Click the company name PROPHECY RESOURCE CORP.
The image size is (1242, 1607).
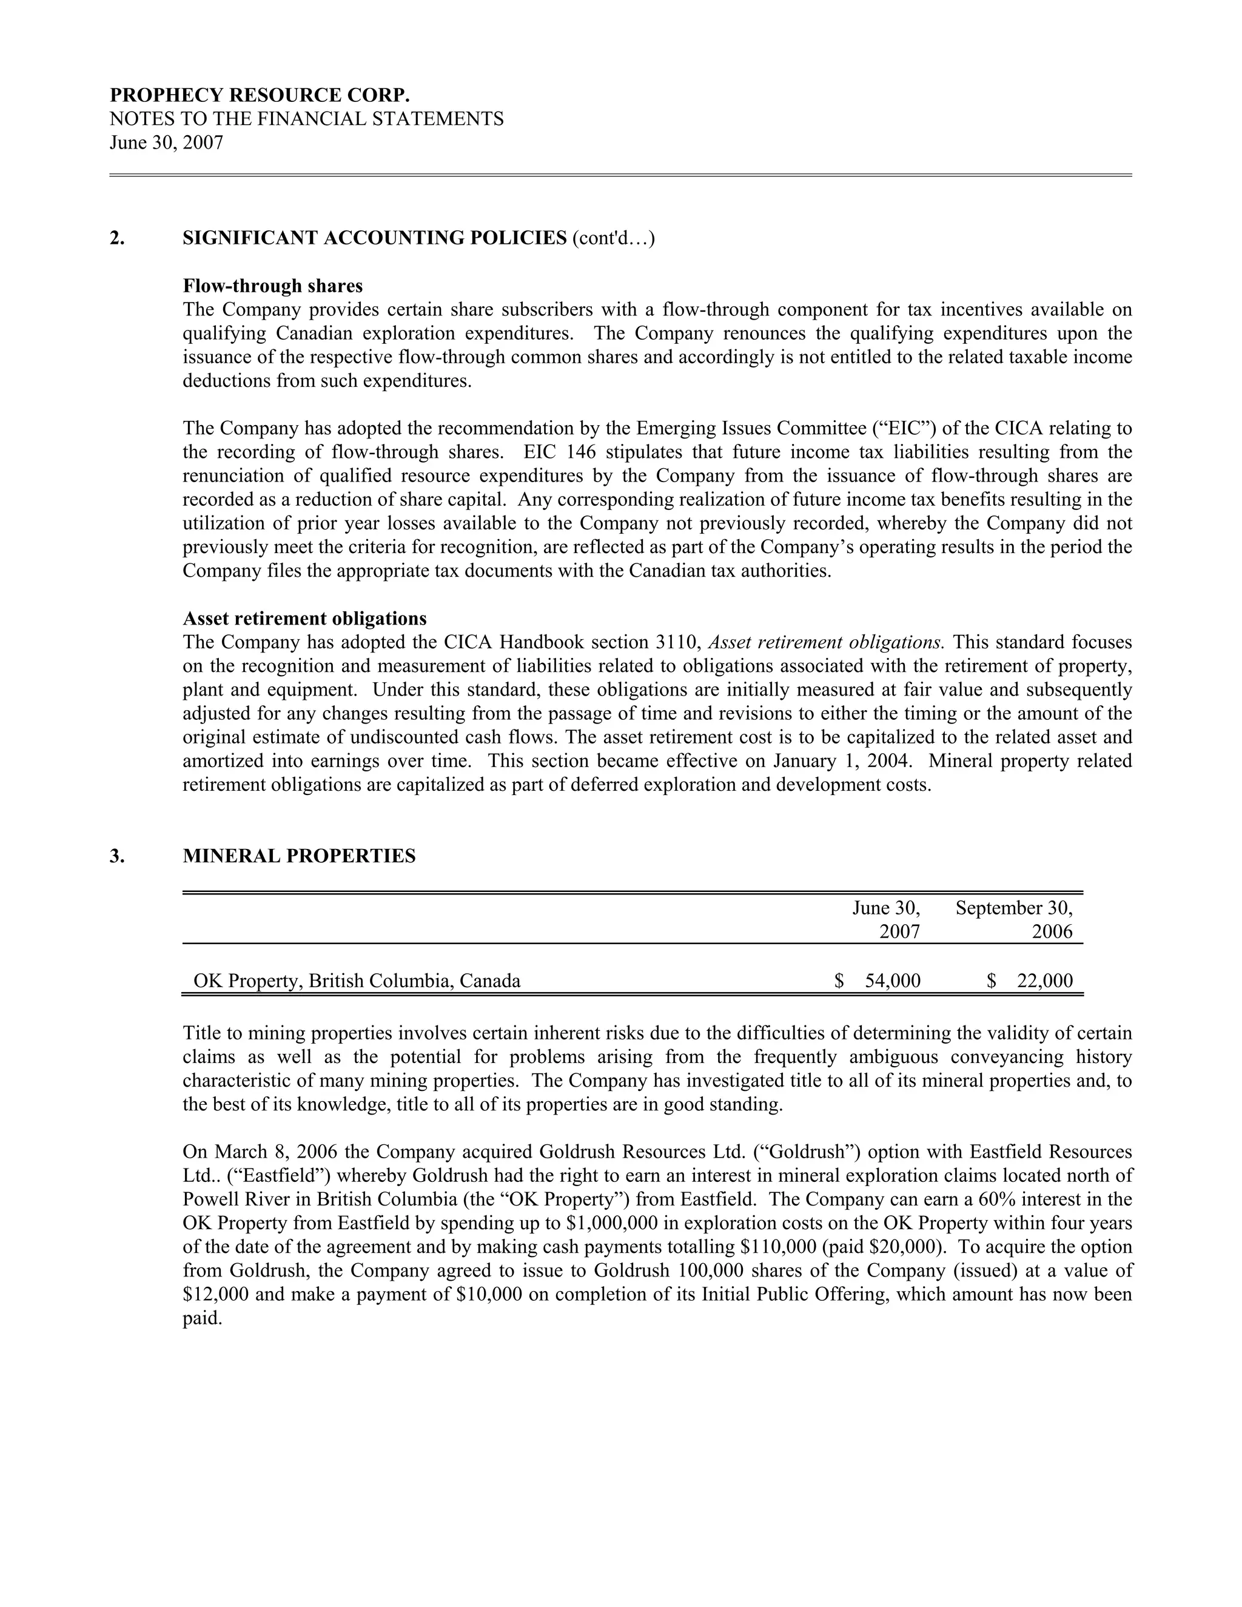coord(259,96)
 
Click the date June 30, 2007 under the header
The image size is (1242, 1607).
coord(166,143)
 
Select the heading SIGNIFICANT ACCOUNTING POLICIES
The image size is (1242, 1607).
coord(375,238)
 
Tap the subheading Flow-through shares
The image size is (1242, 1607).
coord(272,286)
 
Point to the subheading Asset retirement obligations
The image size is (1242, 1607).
coord(304,618)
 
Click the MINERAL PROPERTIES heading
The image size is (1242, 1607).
coord(299,856)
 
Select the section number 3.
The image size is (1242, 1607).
coord(115,856)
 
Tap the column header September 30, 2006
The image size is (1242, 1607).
coord(1014,920)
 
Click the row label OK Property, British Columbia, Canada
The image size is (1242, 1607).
coord(357,981)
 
